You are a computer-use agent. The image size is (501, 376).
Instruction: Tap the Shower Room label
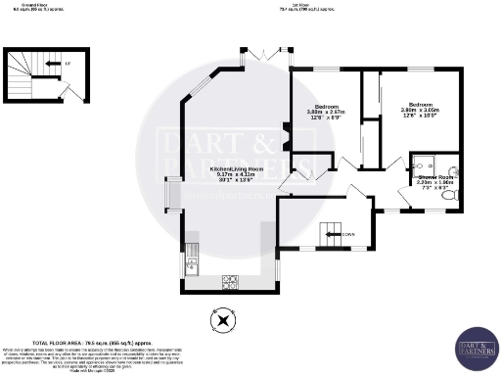tap(432, 181)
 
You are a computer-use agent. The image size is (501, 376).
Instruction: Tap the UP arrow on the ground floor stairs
tap(68, 65)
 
